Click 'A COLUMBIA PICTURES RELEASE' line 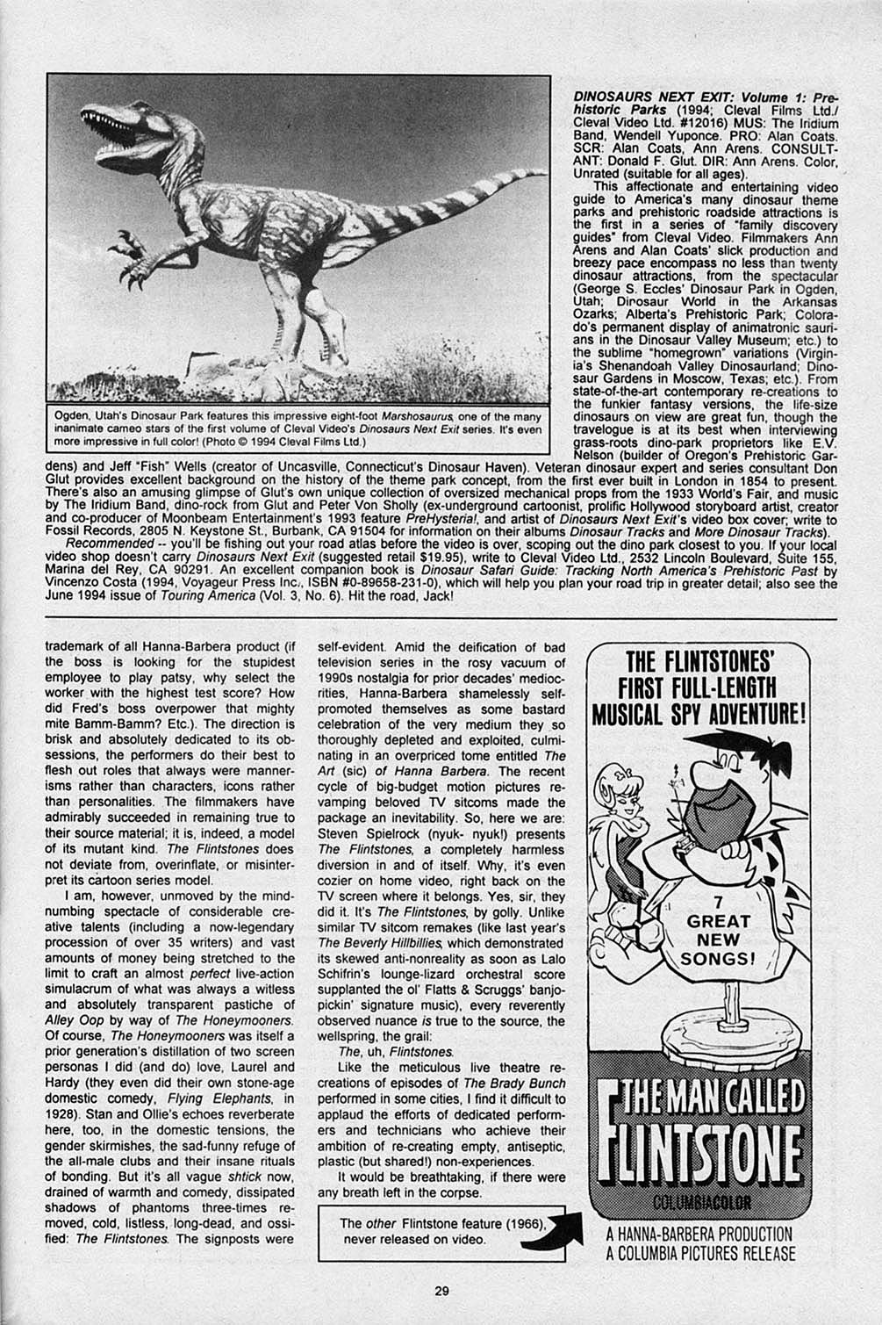point(700,1254)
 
